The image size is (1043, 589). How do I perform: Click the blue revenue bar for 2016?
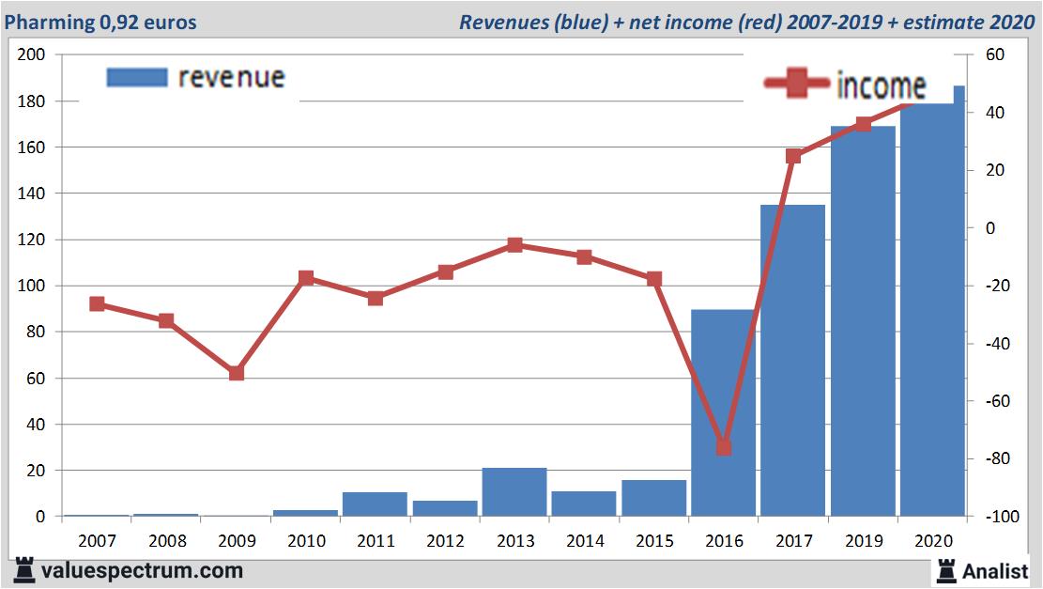coord(723,413)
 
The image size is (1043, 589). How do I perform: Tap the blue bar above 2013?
coord(514,491)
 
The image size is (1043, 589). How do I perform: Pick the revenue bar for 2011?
coord(375,504)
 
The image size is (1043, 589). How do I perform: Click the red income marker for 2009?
coord(237,373)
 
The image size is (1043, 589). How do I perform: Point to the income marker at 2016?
coord(724,447)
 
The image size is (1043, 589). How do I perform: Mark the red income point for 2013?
coord(514,245)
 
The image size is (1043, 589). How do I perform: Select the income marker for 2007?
coord(97,303)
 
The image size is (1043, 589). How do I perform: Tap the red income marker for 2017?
coord(793,156)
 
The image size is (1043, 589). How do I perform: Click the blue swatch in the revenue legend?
coord(137,77)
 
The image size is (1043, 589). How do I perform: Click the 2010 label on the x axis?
coord(306,541)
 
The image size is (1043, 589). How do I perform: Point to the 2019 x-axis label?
coord(863,541)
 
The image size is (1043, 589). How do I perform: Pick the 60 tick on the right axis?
coord(996,55)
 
